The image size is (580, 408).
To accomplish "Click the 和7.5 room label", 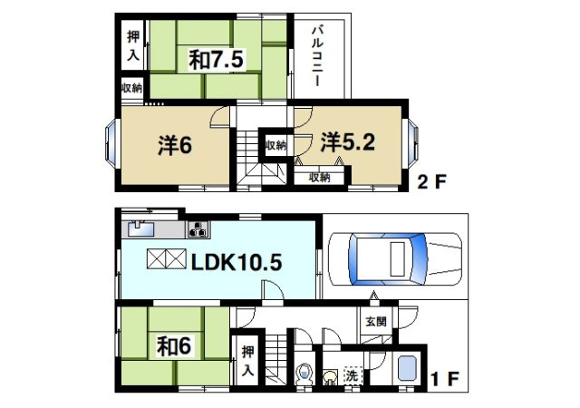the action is point(216,60).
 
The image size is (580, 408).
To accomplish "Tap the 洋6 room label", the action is point(175,145).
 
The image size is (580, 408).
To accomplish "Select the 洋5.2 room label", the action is point(347,142).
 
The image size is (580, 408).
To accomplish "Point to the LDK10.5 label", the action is point(237,263).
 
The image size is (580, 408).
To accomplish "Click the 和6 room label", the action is point(174,345).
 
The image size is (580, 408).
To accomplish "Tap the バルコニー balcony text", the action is point(317,55).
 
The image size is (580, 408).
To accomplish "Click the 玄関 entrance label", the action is point(376,321).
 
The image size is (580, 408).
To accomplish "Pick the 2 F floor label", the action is point(432,181).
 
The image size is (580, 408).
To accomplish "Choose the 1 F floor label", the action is point(445,378).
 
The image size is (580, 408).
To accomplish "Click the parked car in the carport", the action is point(395,259).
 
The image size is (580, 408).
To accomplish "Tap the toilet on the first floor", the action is point(304,374).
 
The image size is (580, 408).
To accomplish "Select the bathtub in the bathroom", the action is point(407,368).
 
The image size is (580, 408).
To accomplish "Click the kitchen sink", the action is point(141,228).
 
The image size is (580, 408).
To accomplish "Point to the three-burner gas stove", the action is point(198,228).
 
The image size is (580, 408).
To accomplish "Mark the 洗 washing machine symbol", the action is point(352,375).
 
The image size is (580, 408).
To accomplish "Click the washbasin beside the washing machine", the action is point(329,377).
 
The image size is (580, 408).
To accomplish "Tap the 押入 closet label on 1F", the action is point(247,361).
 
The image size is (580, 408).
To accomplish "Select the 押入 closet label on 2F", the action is point(133,45).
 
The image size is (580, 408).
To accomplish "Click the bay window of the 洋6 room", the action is point(111,142).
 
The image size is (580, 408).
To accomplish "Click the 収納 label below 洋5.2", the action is point(320,178).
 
